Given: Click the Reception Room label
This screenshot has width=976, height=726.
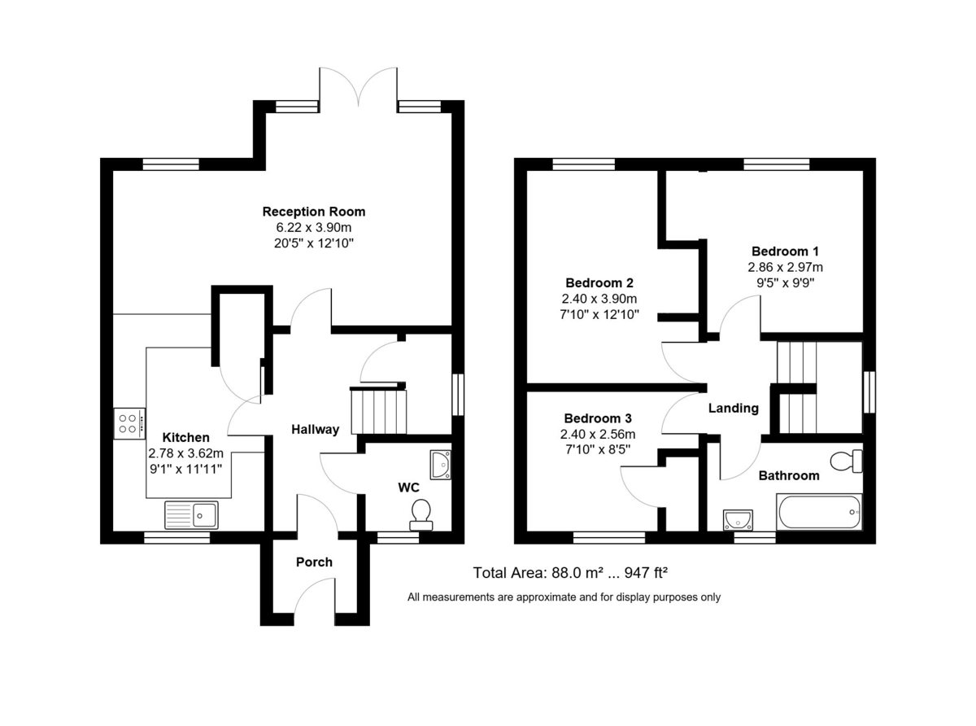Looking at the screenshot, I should tap(313, 212).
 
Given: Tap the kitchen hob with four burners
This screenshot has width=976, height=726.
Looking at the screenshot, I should tap(129, 423).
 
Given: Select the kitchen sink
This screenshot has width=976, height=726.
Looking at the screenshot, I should tap(191, 515).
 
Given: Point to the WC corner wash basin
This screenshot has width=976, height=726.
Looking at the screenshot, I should tap(440, 463).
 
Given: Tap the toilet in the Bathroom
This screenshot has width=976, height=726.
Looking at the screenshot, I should tap(851, 461).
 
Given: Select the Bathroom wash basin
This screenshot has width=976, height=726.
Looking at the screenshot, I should tap(738, 518).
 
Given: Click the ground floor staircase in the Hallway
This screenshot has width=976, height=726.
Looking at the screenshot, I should tap(377, 411).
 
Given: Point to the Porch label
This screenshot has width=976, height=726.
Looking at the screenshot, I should tap(314, 562).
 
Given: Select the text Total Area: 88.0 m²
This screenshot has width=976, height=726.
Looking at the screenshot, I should tap(538, 573).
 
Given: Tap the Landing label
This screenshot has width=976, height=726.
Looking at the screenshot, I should tap(733, 409).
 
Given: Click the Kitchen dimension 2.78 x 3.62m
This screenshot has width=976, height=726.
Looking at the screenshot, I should tap(185, 453).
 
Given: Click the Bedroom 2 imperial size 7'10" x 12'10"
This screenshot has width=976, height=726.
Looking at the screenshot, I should tap(599, 314).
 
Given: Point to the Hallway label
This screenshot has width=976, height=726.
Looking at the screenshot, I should tap(315, 430).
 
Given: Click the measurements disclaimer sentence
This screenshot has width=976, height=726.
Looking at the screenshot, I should tap(564, 597).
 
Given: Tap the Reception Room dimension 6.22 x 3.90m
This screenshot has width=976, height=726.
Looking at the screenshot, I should tap(313, 227).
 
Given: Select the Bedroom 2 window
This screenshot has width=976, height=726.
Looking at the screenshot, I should tap(583, 164).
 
